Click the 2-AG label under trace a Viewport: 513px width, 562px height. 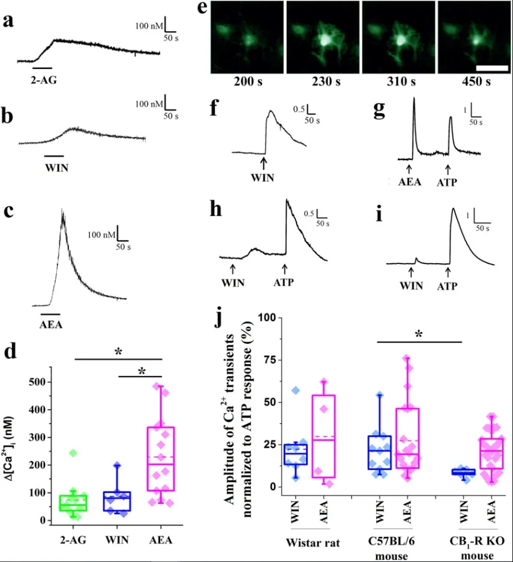point(44,80)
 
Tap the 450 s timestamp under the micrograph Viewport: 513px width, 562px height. point(476,82)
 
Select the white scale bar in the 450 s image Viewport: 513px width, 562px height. point(492,68)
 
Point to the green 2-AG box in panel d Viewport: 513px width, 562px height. point(73,503)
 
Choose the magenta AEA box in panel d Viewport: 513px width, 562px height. point(161,459)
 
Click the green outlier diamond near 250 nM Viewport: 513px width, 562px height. point(73,453)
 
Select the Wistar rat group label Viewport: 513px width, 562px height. point(313,542)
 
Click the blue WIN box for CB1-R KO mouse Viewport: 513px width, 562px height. point(464,471)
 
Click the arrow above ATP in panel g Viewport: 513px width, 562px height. point(448,169)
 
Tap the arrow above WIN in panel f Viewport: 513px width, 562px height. point(263,163)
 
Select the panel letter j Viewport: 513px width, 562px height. point(217,317)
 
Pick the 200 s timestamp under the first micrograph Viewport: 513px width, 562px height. point(248,82)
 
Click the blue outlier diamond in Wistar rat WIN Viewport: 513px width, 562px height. point(296,390)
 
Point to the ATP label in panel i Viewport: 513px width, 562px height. point(447,286)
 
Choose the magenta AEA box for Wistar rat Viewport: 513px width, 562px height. point(324,436)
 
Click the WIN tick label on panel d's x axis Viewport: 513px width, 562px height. point(117,540)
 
